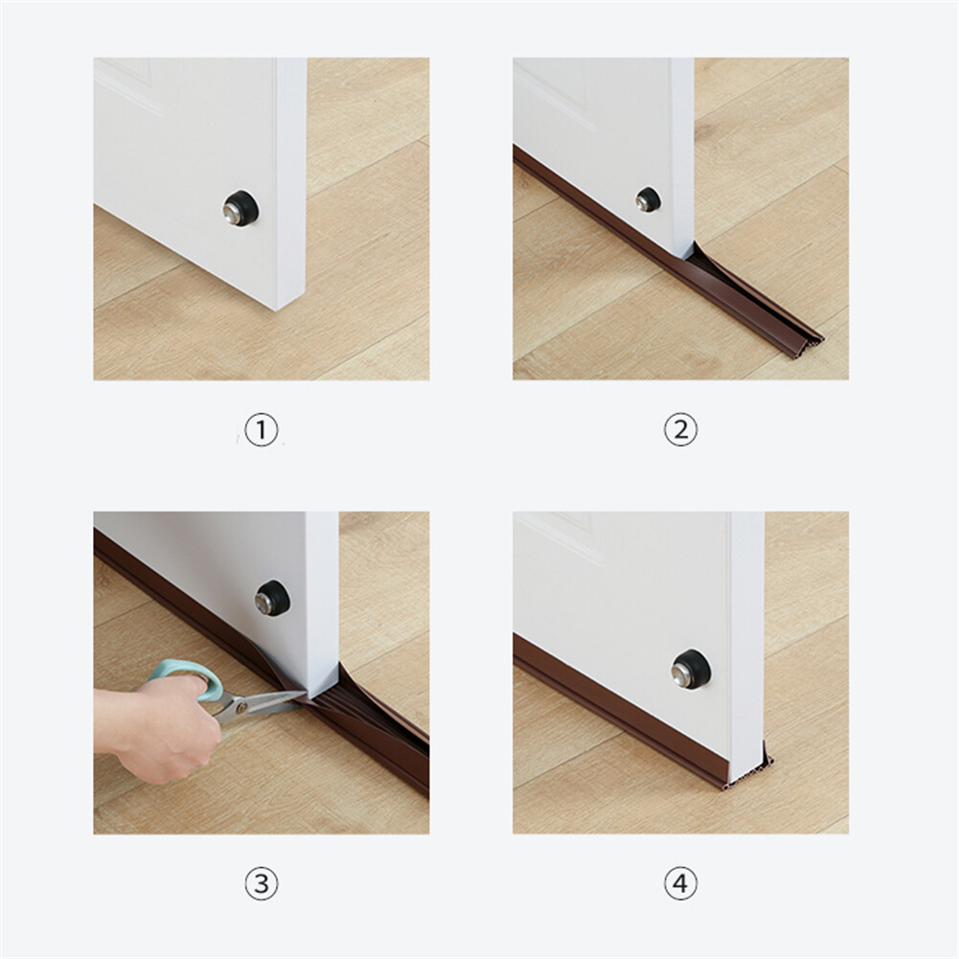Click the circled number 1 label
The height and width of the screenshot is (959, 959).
[262, 430]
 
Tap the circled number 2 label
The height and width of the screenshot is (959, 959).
[680, 430]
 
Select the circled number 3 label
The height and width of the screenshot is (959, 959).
[262, 883]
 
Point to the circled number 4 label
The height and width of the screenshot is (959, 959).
[680, 883]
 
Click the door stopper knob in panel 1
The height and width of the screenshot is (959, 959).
[240, 208]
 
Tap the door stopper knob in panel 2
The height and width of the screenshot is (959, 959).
[648, 199]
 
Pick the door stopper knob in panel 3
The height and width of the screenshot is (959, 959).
[272, 598]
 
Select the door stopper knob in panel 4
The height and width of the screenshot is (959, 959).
[691, 668]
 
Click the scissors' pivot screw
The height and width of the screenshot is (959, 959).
[241, 707]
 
